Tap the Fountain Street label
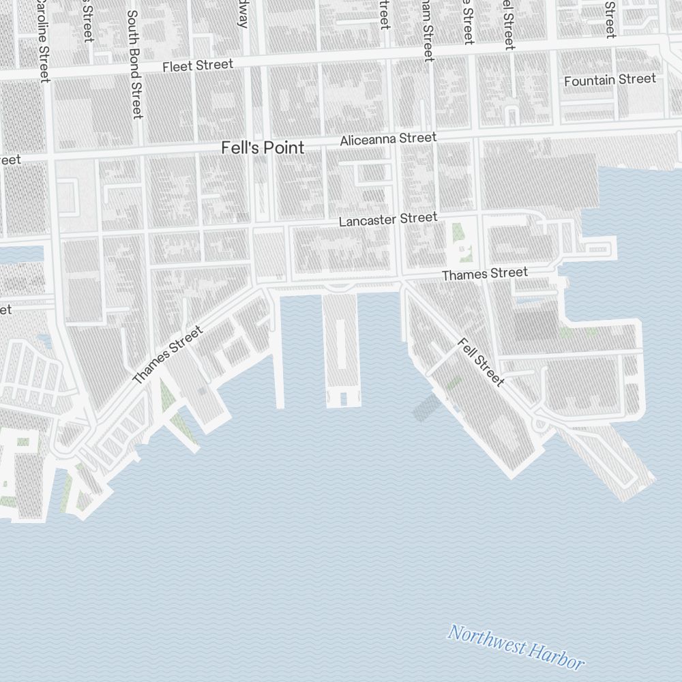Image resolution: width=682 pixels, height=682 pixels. click(610, 80)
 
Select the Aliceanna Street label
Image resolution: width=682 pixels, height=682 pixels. click(388, 139)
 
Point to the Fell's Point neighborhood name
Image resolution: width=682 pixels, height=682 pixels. click(263, 148)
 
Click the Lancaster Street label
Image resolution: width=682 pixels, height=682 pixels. click(387, 220)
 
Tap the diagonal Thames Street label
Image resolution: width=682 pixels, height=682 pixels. click(167, 355)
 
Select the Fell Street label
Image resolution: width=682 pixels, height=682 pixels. click(481, 362)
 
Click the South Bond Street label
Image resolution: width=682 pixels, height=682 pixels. click(134, 65)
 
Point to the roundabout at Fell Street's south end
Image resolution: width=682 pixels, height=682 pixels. click(542, 424)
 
